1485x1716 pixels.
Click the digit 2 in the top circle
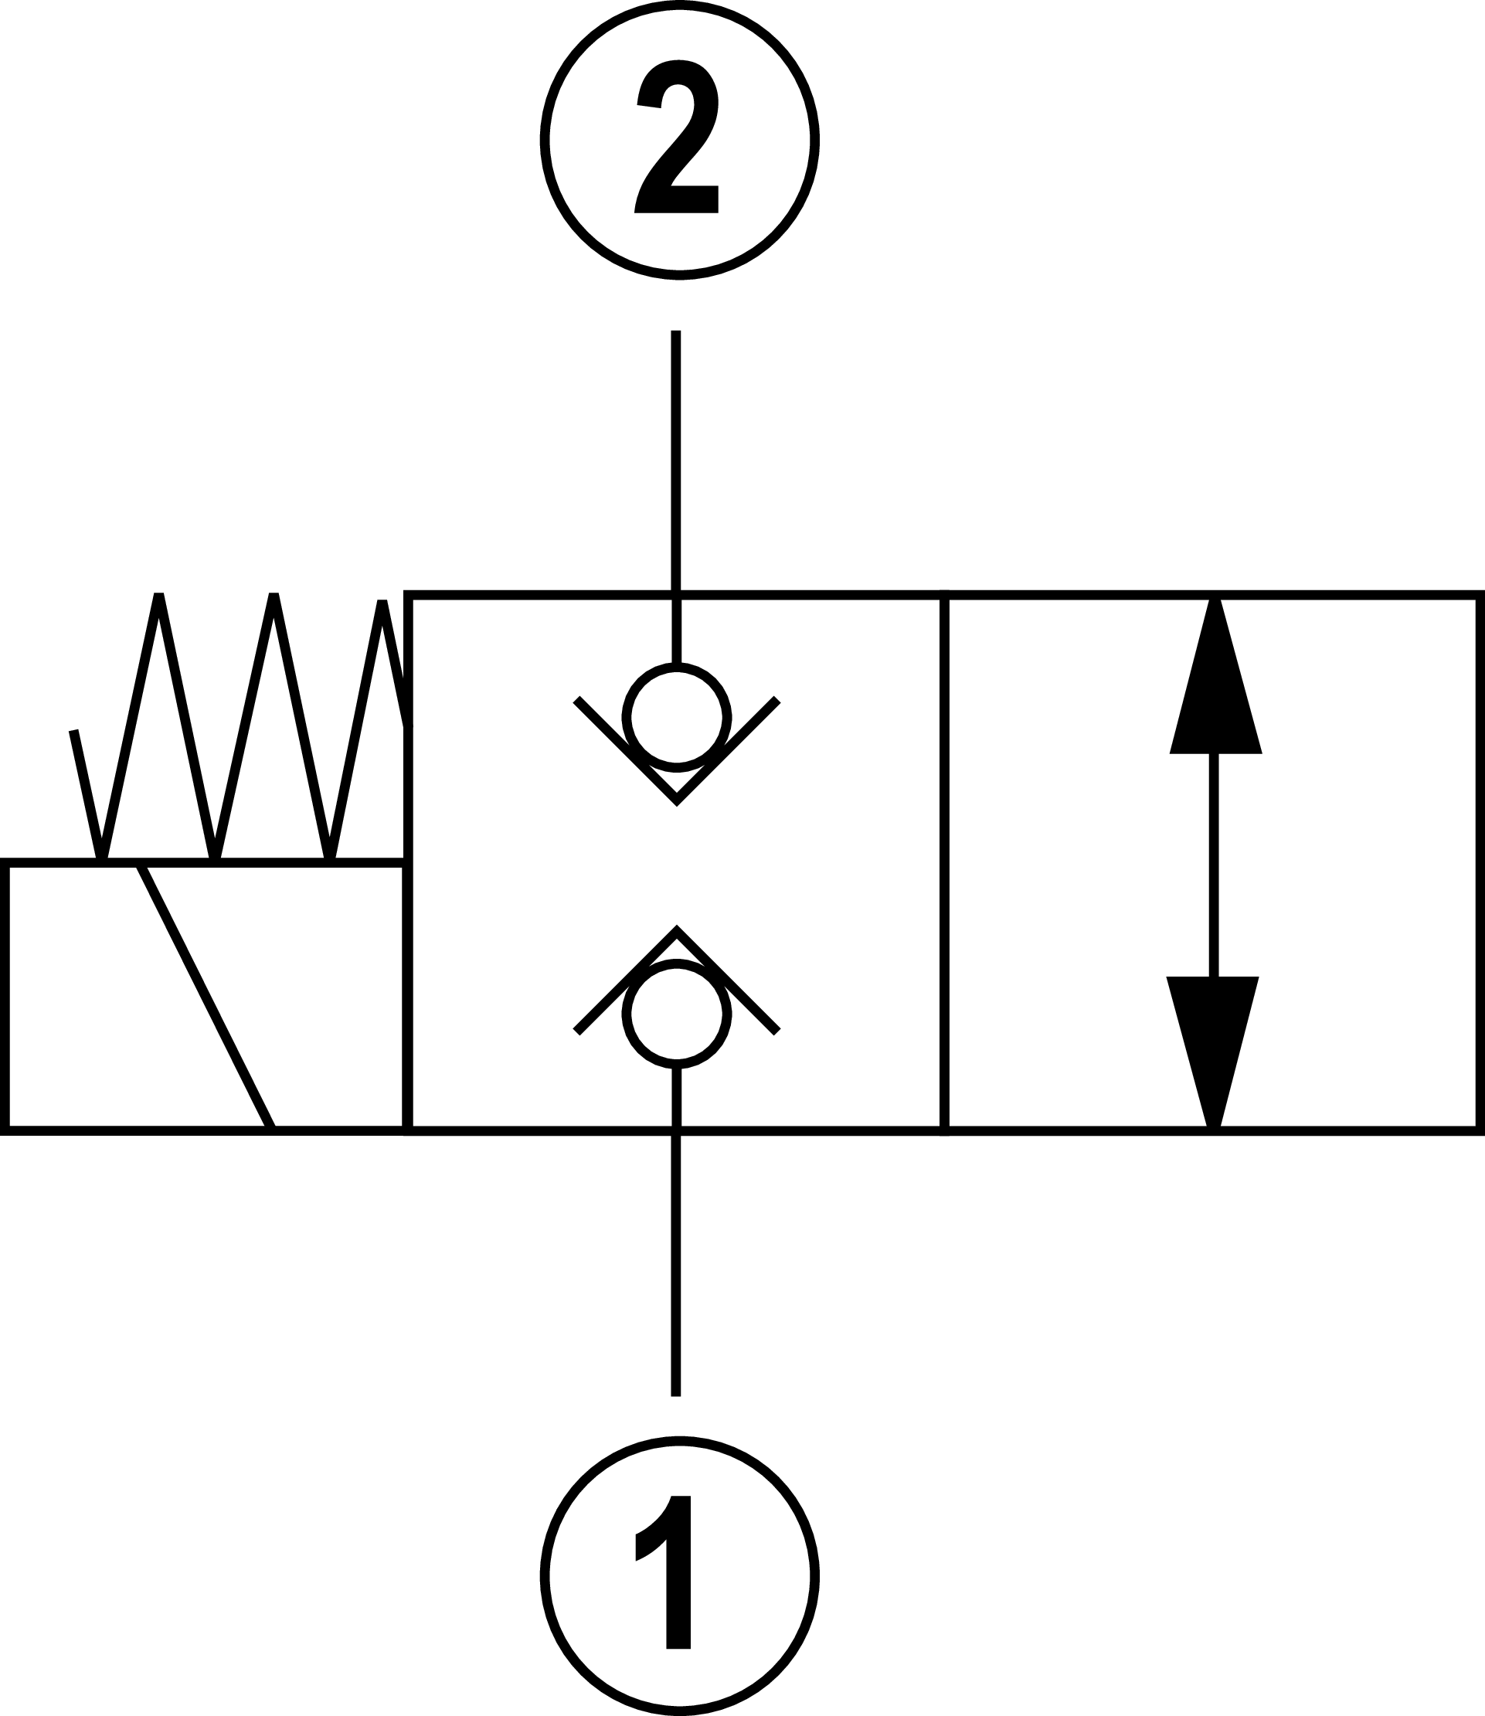677,138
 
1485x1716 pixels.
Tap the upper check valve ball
677,718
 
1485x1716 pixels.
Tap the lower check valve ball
677,1013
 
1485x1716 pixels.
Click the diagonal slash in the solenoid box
206,995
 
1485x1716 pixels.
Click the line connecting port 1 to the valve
675,1259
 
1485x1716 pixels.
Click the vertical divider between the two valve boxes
945,861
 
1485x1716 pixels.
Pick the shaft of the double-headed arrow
1214,866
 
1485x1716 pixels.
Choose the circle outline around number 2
544,141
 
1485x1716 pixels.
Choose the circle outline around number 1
544,1576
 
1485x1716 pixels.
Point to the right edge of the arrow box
1478,861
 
